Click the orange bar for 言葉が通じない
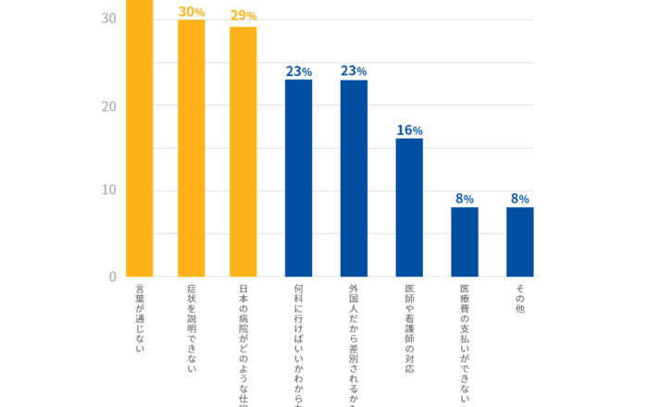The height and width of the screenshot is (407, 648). (139, 139)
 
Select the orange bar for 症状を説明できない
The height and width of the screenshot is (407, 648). (192, 148)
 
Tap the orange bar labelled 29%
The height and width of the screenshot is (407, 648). (243, 152)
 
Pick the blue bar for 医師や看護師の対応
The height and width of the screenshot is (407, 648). (409, 207)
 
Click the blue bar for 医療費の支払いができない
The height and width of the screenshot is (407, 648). (465, 241)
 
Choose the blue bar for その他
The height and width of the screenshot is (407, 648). (520, 241)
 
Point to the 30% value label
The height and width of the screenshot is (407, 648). (192, 12)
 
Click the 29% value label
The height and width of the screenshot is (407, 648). (243, 16)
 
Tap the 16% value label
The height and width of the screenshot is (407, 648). (409, 130)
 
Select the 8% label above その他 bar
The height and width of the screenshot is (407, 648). (520, 199)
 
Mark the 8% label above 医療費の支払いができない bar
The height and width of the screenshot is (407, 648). (465, 199)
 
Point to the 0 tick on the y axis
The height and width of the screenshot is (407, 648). (112, 277)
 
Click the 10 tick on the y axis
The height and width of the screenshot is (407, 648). (108, 191)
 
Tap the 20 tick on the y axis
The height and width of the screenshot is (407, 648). (108, 106)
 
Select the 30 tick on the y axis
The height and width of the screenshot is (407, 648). (108, 19)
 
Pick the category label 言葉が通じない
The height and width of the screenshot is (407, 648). (139, 320)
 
